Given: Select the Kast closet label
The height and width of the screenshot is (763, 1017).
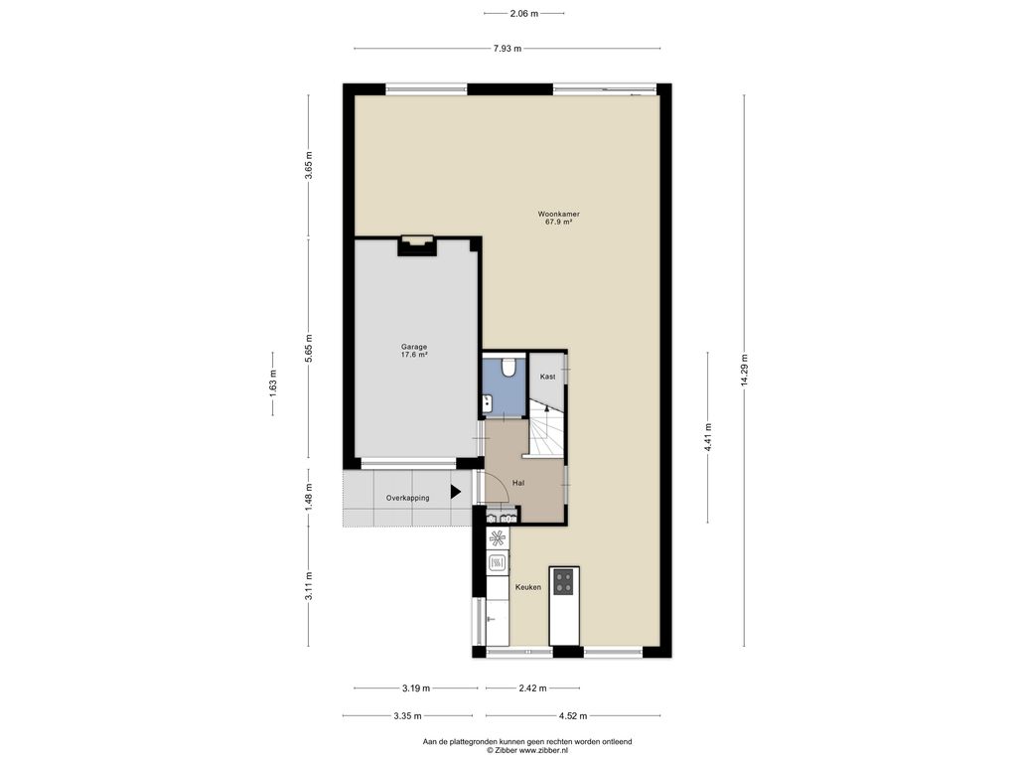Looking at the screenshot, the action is (547, 377).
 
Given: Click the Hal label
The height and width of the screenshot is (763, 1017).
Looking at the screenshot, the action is (518, 483).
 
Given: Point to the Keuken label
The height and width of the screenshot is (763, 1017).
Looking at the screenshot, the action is (528, 587).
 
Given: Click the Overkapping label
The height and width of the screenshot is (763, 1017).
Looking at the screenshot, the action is (407, 498).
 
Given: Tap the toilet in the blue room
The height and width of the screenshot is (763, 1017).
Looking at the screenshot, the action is (508, 368).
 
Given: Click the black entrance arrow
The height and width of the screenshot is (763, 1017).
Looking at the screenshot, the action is (455, 492).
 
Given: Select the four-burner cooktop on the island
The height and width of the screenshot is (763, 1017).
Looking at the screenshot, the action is (564, 581).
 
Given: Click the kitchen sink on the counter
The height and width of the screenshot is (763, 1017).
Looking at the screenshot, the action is (498, 562).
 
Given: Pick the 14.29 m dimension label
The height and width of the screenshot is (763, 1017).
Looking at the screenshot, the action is (744, 371).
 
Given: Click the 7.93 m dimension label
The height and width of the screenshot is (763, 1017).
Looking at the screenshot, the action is (508, 48).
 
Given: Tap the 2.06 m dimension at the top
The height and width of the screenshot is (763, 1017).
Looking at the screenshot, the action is (524, 13).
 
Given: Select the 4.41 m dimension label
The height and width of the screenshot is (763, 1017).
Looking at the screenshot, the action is (707, 437).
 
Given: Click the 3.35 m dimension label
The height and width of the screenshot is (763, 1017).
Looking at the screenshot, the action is (407, 716).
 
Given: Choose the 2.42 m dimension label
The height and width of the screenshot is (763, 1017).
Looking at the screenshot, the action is (532, 688).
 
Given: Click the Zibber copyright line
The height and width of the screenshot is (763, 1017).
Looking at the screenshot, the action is (527, 750).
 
